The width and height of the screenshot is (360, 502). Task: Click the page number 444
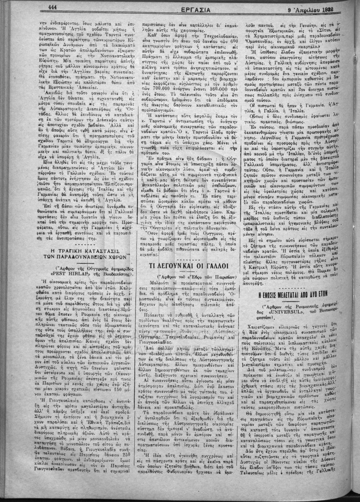pos(52,7)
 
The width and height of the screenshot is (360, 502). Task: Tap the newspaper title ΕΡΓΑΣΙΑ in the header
pos(180,8)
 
